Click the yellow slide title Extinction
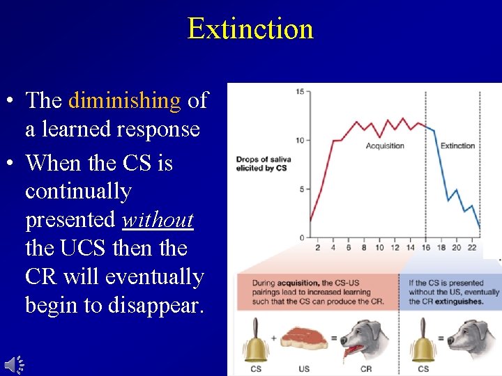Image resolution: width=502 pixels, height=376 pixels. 250,29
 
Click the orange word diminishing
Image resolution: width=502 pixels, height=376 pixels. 124,101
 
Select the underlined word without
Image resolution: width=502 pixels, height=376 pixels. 158,220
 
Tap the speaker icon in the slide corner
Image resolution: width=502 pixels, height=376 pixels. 14,363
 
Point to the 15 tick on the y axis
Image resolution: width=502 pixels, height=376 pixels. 299,92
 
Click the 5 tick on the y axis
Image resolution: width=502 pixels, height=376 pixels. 301,189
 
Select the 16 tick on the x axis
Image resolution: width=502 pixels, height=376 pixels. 425,248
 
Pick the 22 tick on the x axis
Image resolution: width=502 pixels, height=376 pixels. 471,248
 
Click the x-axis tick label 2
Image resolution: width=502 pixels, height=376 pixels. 317,248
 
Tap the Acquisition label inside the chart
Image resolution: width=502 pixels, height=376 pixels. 385,146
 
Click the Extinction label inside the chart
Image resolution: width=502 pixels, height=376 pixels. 457,146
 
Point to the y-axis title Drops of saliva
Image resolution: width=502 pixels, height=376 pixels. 263,160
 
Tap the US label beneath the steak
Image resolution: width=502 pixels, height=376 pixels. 304,368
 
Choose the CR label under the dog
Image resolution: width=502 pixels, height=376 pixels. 365,368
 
